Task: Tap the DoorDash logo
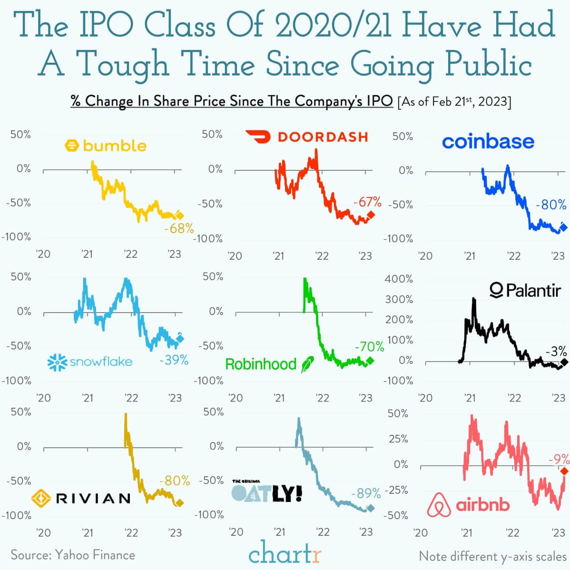coord(307,137)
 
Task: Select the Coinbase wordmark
coord(488,142)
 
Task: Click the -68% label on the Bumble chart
coord(179,228)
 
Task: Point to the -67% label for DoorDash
coord(367,202)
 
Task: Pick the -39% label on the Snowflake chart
coord(174,360)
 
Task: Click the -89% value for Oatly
coord(365,493)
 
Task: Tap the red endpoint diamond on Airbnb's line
coord(564,471)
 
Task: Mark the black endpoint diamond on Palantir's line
coord(564,363)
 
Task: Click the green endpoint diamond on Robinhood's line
coord(370,361)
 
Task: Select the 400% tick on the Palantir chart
coord(399,279)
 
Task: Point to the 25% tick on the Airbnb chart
coord(398,439)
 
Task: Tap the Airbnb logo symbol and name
coord(468,505)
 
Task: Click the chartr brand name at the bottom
coord(285,553)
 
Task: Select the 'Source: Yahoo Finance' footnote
coord(73,555)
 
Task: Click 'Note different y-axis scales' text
coord(492,556)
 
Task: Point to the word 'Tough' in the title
coord(122,65)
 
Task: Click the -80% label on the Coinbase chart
coord(551,205)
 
